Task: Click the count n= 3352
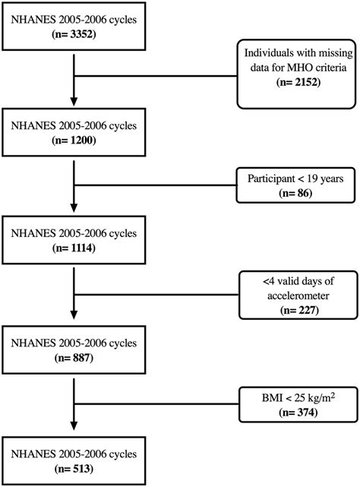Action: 74,34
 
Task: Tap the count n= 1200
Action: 74,141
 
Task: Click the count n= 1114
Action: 74,247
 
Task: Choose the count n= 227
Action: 289,307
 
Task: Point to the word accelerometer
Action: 289,293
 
